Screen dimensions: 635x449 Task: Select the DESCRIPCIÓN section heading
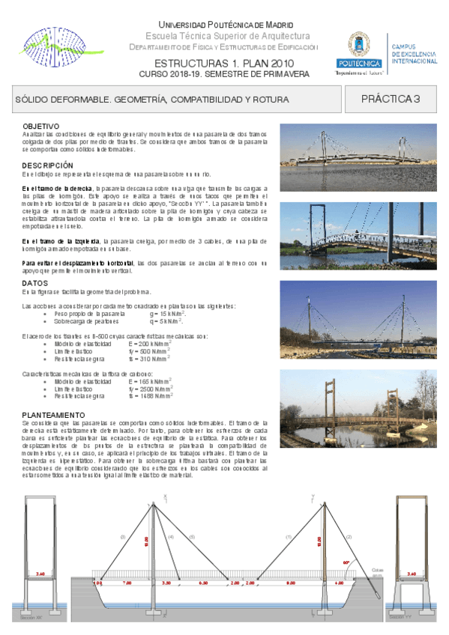pyautogui.click(x=47, y=165)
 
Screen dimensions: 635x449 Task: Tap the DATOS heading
pyautogui.click(x=35, y=284)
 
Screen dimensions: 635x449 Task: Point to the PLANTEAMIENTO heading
pyautogui.click(x=53, y=414)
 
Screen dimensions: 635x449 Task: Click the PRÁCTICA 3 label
pyautogui.click(x=390, y=99)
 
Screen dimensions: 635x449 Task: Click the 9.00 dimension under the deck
pyautogui.click(x=291, y=582)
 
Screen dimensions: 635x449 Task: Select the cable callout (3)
pyautogui.click(x=122, y=538)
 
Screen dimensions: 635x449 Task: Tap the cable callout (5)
pyautogui.click(x=191, y=538)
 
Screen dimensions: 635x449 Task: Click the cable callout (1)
pyautogui.click(x=289, y=538)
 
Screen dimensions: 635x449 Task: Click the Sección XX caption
pyautogui.click(x=25, y=618)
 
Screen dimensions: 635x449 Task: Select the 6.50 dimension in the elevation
pyautogui.click(x=203, y=582)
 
